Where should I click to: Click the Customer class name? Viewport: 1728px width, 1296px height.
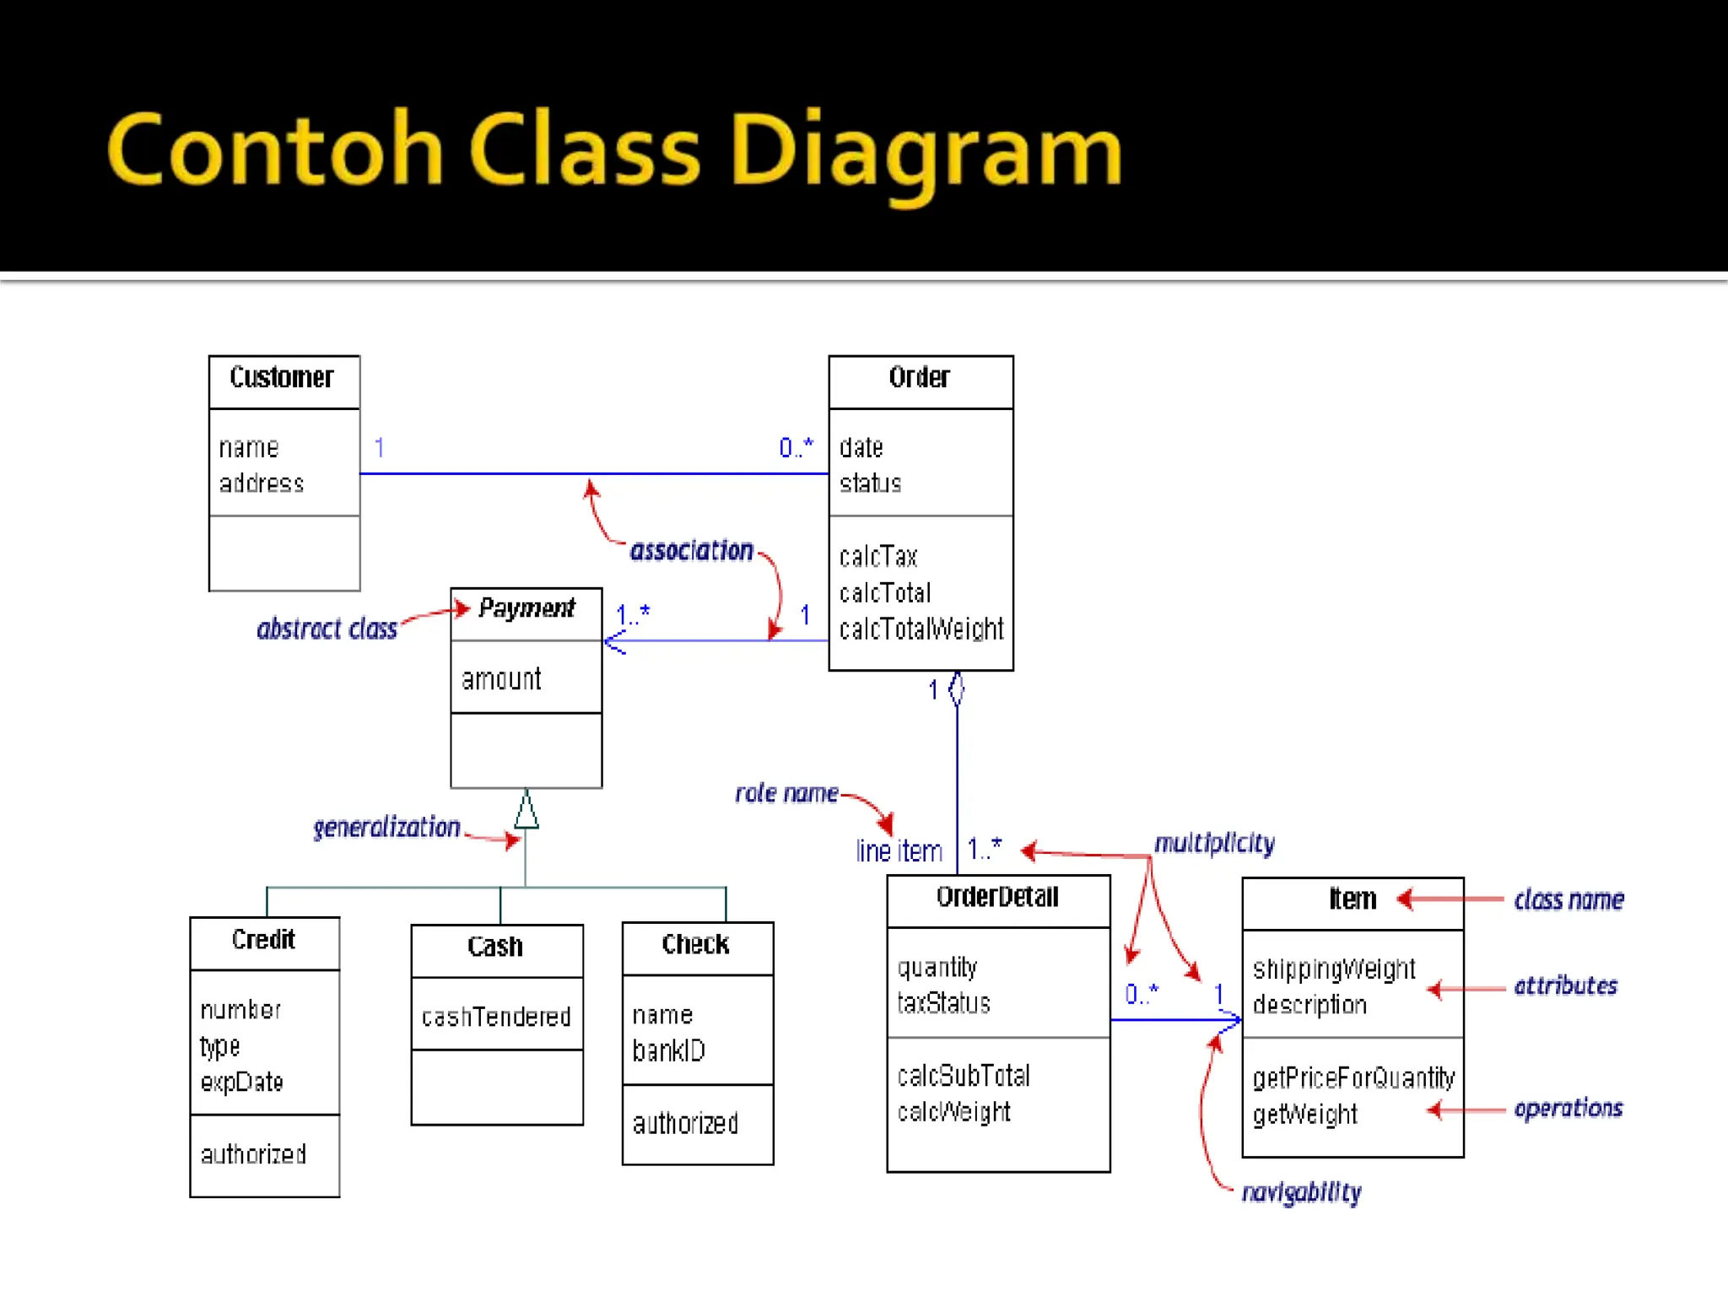point(282,377)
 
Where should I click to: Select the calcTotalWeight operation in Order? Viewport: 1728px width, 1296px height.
point(921,629)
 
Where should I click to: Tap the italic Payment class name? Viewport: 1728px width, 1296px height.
point(526,608)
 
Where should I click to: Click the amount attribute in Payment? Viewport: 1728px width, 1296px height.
point(501,679)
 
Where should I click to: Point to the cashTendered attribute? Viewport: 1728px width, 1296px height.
point(496,1017)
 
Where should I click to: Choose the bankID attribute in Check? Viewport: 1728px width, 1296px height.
point(668,1050)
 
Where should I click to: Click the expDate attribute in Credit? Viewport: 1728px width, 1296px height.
point(241,1082)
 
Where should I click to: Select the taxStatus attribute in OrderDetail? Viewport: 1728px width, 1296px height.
point(943,1003)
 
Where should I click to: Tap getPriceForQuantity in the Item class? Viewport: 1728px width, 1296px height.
point(1353,1078)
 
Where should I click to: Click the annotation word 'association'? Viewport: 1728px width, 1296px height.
point(691,551)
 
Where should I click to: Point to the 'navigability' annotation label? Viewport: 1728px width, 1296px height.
point(1301,1192)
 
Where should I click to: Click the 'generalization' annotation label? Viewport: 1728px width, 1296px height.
point(386,828)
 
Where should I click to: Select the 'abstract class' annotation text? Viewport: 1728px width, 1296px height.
point(327,629)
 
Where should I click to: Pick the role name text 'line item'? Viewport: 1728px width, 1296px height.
point(899,851)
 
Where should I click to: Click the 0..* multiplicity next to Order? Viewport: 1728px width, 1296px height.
point(796,447)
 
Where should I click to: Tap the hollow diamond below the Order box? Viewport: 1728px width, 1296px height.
point(956,689)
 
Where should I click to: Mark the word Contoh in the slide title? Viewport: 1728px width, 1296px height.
point(275,149)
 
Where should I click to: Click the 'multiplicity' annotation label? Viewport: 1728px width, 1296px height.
point(1214,844)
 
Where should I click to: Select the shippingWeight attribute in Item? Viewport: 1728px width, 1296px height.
point(1333,969)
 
